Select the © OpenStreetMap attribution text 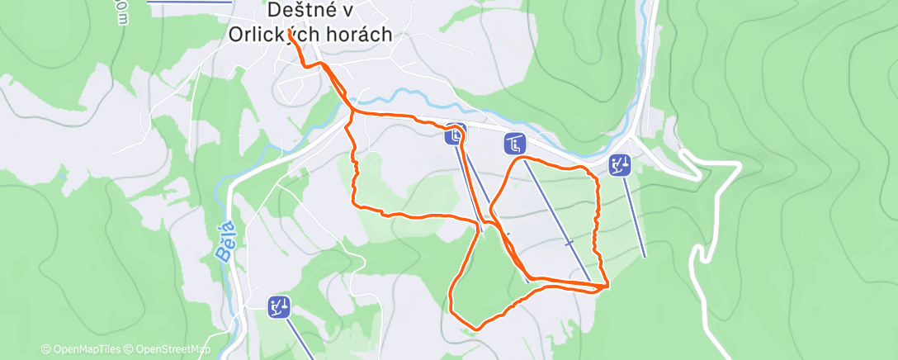pos(170,350)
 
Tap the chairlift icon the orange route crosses pos(455,134)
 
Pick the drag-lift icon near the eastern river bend pos(620,165)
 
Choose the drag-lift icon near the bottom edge pos(279,307)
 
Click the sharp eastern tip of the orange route pos(608,286)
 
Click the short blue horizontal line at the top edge pos(190,2)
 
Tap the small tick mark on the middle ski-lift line pos(569,243)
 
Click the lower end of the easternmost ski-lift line pos(645,257)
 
